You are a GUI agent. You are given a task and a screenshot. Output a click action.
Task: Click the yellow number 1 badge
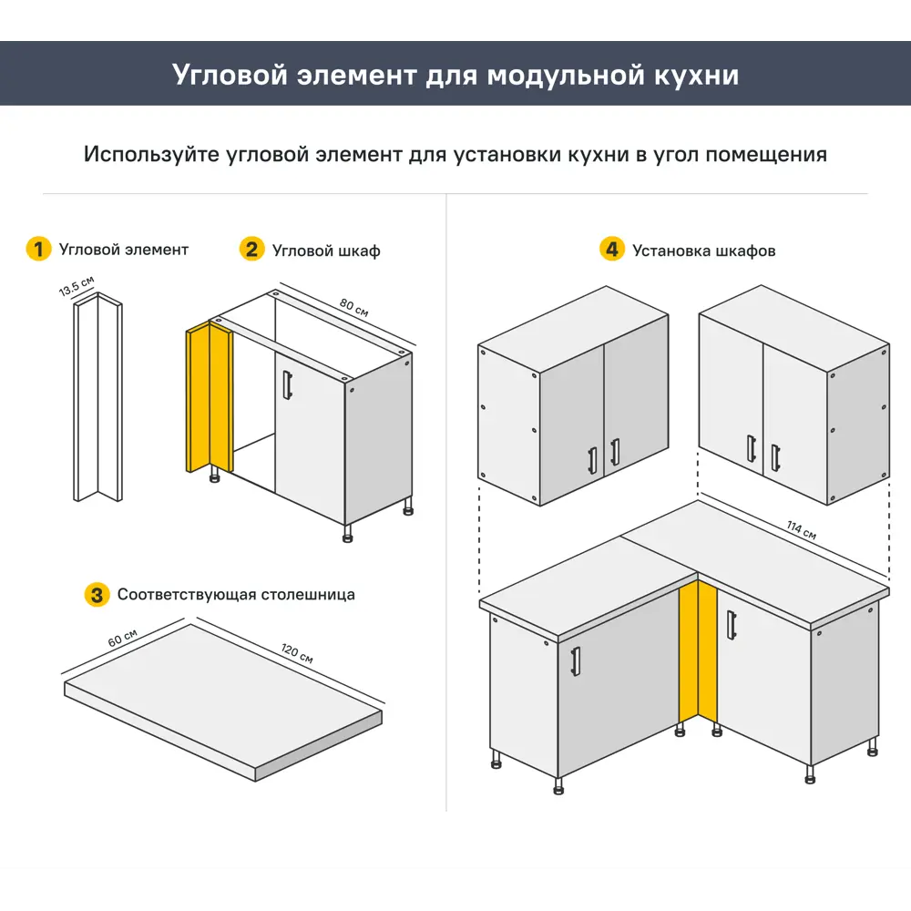38,249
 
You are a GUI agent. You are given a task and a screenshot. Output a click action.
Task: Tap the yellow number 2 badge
251,249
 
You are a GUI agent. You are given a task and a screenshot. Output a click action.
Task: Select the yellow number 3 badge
97,595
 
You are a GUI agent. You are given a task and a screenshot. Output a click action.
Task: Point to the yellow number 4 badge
612,249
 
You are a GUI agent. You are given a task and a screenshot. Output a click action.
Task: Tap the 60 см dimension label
122,638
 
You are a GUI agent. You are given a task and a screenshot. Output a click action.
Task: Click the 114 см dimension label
802,531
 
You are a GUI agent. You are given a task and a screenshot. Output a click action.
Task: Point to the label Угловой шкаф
326,251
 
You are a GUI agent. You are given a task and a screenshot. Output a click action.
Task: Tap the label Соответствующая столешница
236,595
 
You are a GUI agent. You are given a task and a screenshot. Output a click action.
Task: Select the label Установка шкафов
703,251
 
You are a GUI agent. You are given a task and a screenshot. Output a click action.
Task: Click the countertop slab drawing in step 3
223,697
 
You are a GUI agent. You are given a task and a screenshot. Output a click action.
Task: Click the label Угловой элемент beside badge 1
124,250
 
